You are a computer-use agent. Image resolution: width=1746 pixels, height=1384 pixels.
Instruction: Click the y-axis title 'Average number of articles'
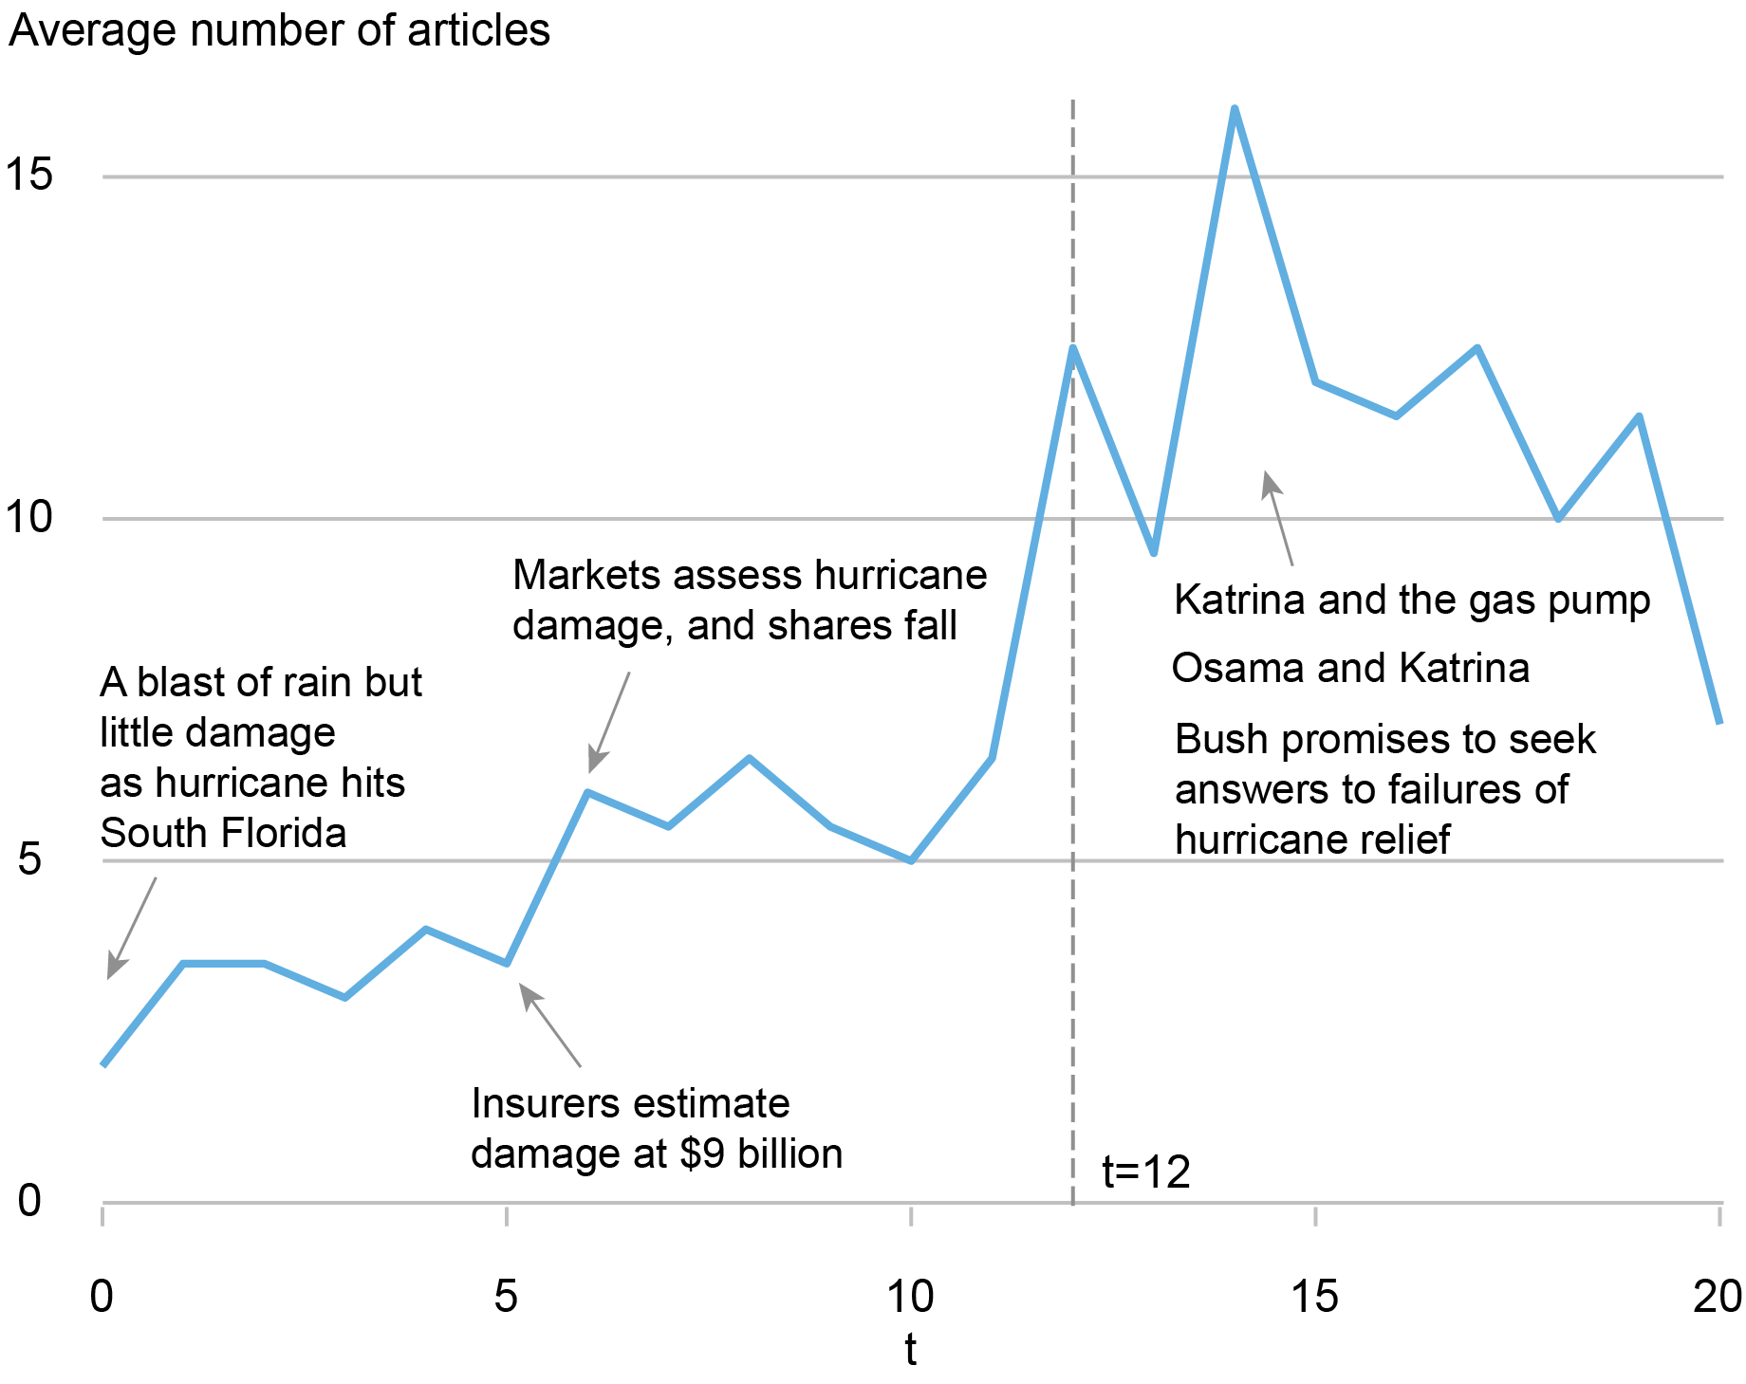(x=279, y=30)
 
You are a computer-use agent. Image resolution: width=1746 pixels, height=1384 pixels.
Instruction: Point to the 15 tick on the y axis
(x=28, y=175)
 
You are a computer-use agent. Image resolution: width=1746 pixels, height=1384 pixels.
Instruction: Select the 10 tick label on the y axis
(x=28, y=517)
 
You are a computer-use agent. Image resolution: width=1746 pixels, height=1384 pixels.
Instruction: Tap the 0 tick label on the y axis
(x=28, y=1201)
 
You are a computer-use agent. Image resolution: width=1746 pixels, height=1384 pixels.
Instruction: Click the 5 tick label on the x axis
(x=506, y=1296)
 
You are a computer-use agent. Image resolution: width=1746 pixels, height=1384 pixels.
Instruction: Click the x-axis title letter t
(x=910, y=1349)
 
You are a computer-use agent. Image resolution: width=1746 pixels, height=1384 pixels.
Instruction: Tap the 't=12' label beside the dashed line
(x=1145, y=1172)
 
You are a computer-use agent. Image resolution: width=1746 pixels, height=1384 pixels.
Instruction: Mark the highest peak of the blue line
(x=1234, y=110)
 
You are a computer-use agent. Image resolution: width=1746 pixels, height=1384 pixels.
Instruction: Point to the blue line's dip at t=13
(x=1153, y=552)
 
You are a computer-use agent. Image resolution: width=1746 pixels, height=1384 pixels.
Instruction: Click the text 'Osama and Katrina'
(x=1349, y=668)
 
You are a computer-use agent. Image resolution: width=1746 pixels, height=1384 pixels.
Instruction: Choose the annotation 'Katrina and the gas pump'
(x=1411, y=600)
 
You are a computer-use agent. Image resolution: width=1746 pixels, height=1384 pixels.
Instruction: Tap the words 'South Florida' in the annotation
(x=223, y=833)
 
